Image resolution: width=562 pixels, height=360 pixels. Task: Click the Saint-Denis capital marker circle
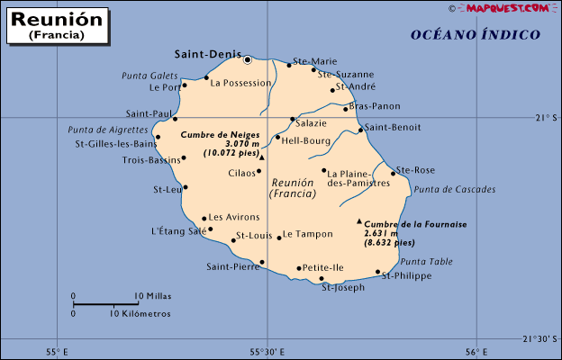[248, 59]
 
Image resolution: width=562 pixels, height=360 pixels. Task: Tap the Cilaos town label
[241, 173]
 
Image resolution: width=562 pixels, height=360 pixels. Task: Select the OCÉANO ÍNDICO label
[476, 35]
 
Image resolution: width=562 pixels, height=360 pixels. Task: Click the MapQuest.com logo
[508, 8]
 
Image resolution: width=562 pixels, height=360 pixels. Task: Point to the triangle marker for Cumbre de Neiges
[262, 157]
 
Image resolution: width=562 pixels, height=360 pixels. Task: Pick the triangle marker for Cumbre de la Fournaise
[359, 221]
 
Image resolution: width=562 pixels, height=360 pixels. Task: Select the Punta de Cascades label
[455, 190]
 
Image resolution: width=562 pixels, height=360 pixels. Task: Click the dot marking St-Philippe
[378, 272]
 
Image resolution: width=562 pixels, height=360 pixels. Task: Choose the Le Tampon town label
[308, 235]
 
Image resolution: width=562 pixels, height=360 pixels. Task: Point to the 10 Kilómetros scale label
[140, 314]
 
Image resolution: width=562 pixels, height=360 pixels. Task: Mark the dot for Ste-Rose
[393, 173]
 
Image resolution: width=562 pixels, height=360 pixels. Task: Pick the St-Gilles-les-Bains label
[115, 143]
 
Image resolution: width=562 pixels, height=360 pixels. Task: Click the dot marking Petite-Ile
[299, 268]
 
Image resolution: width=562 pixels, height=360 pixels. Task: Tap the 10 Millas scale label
[152, 296]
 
